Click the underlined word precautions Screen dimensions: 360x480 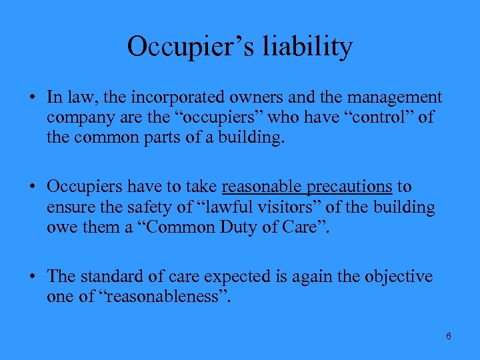coord(352,188)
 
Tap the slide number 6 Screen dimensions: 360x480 coord(449,336)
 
